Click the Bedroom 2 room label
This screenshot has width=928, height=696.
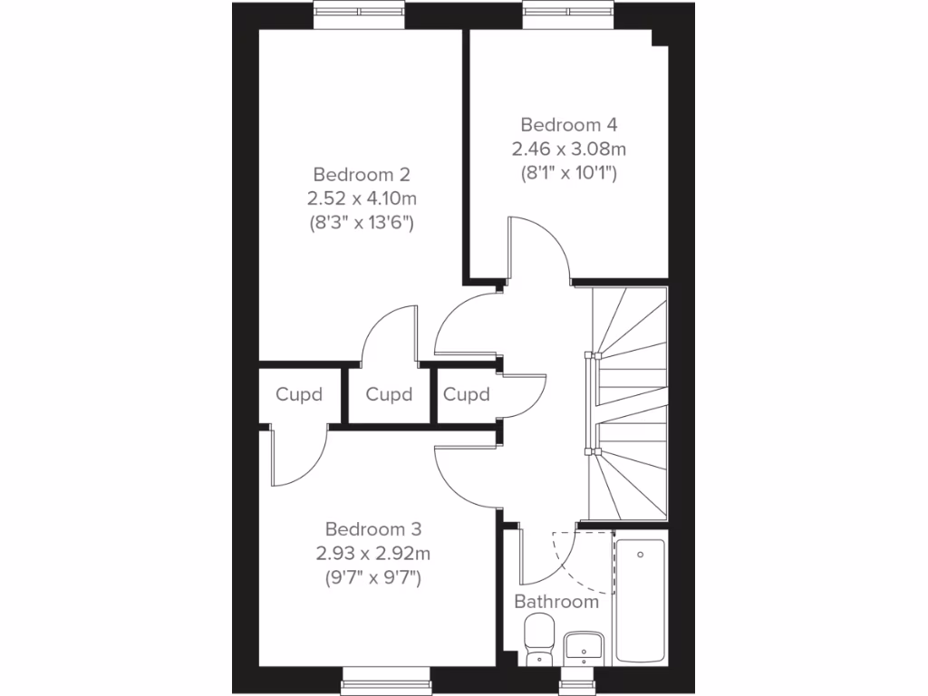click(362, 174)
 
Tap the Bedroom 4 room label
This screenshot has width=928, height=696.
click(568, 125)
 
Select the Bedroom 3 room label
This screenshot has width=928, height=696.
click(373, 529)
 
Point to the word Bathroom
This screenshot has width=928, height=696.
click(556, 601)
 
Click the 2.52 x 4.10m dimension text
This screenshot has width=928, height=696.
click(362, 198)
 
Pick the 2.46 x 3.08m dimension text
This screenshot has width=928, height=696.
click(568, 149)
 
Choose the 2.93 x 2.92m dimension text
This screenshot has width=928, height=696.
click(373, 553)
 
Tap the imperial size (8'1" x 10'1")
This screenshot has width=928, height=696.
click(568, 172)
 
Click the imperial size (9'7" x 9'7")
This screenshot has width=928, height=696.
click(373, 576)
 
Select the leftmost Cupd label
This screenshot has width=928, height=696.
click(299, 395)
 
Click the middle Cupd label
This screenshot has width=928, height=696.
click(389, 395)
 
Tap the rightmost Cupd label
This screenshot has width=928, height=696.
click(467, 395)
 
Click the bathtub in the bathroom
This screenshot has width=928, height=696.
click(640, 600)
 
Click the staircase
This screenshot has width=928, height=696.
click(629, 402)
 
